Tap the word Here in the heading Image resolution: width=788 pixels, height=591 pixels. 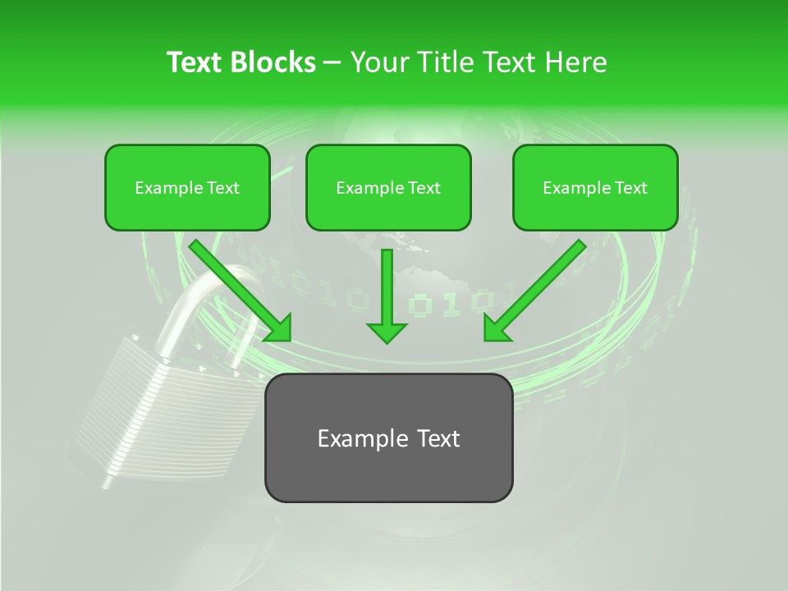(x=575, y=62)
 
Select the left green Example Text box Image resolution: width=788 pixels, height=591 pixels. (x=187, y=188)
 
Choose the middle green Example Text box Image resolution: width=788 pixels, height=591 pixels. (x=388, y=188)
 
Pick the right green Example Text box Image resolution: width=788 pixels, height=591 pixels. (x=595, y=188)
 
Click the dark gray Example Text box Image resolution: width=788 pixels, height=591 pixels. (x=388, y=438)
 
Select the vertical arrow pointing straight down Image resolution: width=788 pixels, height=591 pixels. (x=387, y=291)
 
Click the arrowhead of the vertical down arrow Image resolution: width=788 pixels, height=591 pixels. (x=387, y=331)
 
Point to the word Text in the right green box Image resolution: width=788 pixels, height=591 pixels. (x=630, y=188)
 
